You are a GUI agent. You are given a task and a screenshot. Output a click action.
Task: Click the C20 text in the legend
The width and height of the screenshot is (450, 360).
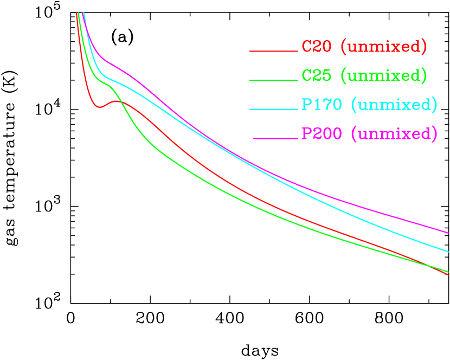pos(316,47)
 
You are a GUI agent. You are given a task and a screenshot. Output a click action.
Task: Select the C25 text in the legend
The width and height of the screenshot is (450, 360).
pos(316,75)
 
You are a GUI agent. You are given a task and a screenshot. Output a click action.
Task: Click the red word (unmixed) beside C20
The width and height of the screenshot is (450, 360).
pos(383,47)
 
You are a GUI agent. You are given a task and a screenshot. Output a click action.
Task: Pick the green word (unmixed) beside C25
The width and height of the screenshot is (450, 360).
pos(383,75)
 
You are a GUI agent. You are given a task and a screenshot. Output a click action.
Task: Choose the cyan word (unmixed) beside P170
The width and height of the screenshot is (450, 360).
pos(394,104)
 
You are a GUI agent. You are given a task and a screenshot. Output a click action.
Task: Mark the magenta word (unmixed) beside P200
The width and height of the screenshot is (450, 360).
pos(394,133)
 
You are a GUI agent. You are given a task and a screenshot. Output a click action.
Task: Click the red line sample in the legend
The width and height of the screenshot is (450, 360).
pos(273,52)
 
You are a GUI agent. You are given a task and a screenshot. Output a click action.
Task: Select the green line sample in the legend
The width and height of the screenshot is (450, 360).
pos(273,80)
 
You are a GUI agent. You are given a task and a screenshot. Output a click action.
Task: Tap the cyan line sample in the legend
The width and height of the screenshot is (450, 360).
pos(273,109)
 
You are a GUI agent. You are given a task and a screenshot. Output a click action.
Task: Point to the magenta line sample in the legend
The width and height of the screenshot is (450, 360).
pos(275,138)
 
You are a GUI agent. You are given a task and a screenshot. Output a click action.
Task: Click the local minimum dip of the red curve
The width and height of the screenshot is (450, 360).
pos(100,107)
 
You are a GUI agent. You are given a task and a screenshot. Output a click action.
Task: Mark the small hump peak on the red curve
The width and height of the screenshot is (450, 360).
pos(117,101)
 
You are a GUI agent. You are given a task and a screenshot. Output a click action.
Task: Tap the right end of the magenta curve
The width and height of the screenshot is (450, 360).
pos(448,233)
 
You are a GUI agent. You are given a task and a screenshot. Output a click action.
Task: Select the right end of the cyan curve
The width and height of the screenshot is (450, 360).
pos(448,251)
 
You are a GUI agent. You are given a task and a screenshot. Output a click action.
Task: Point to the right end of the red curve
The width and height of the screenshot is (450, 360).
pos(448,275)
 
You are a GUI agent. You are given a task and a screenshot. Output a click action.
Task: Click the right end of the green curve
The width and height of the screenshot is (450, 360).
pos(448,271)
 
